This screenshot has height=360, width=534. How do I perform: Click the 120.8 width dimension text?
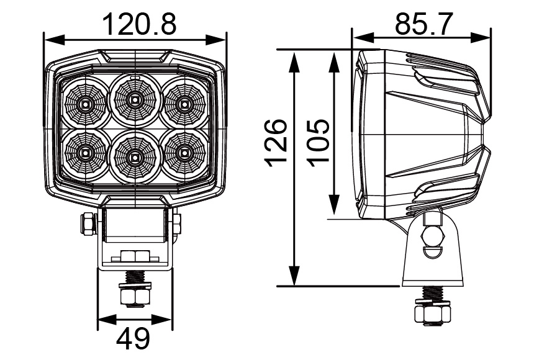pos(139,25)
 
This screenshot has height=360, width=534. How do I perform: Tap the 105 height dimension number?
pos(318,142)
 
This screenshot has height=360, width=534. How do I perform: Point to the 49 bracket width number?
pos(134,339)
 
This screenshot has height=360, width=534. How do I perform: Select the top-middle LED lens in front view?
pos(134,99)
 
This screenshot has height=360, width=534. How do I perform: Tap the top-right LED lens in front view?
pos(183,103)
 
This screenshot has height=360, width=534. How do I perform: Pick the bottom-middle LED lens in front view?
pos(134,156)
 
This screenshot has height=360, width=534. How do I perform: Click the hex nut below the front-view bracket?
pos(135,298)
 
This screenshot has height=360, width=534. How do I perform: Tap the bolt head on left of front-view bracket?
pos(86,223)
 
